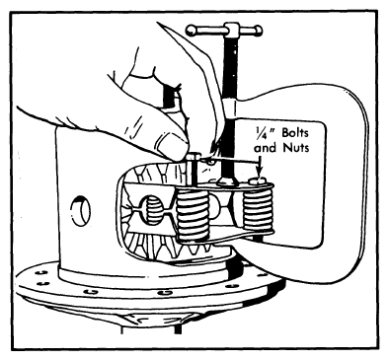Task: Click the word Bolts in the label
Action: point(295,133)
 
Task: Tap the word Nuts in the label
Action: point(296,148)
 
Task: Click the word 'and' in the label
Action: point(267,148)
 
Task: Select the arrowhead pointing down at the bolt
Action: point(260,171)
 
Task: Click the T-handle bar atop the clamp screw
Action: point(224,31)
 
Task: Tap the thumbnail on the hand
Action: point(169,144)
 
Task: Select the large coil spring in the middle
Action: point(193,215)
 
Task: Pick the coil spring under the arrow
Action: point(258,209)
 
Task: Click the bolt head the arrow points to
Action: point(258,180)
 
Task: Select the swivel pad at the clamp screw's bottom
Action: point(228,181)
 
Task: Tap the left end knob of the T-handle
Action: point(191,31)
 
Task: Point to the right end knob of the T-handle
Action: point(258,31)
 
